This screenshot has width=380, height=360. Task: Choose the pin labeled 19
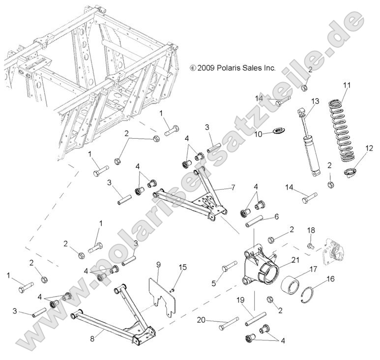[255, 319]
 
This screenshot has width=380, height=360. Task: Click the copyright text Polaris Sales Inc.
[233, 68]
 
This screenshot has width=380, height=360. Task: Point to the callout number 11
[347, 85]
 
